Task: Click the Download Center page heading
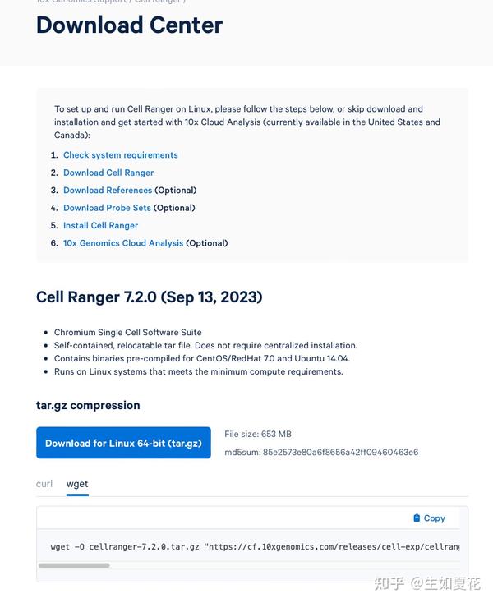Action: [129, 25]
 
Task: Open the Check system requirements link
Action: [120, 155]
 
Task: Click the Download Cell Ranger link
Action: [108, 173]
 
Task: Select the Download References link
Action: [108, 191]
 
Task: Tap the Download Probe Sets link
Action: [107, 208]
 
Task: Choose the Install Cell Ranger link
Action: [100, 226]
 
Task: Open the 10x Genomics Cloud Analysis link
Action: [123, 243]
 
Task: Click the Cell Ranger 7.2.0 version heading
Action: [149, 297]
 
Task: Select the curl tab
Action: [44, 484]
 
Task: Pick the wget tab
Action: [77, 484]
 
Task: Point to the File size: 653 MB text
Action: [258, 434]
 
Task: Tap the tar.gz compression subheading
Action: [88, 405]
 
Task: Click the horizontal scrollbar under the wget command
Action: [74, 565]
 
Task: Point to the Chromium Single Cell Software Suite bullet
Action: [127, 333]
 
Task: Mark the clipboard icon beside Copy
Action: [417, 518]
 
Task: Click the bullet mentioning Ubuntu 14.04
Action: [202, 359]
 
